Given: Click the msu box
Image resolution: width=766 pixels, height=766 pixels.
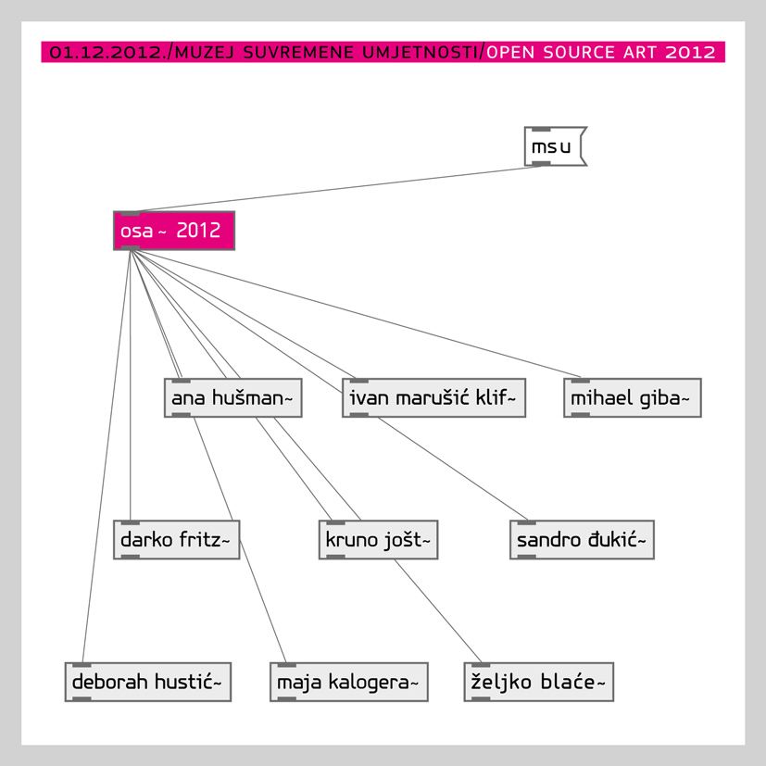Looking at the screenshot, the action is coord(555,146).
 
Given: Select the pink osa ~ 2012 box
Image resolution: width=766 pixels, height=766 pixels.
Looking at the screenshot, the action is coord(174,231).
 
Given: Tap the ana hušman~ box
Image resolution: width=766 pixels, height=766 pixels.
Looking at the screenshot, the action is coord(233,397).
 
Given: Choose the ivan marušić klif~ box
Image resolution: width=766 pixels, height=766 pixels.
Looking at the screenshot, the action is coord(433,397).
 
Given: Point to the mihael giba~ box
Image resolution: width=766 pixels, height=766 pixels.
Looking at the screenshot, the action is coord(633,397).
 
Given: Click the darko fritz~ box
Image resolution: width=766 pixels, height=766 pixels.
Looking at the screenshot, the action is coord(176,540).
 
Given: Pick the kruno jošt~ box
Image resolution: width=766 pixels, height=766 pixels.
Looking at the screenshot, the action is coord(378,540).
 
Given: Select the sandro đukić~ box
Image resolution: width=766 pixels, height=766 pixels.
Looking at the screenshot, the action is coord(582,540).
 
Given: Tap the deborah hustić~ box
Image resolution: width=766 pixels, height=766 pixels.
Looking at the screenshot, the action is coord(148,682).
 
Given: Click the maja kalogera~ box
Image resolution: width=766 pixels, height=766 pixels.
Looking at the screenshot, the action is coord(349,682).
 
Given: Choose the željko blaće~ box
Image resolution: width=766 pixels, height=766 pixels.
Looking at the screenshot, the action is coord(539,682).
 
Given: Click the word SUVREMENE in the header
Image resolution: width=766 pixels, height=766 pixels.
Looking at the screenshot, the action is coord(298,52).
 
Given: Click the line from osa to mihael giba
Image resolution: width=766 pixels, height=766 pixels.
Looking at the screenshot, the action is coord(355,314).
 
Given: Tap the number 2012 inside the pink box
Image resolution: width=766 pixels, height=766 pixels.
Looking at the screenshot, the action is coord(198,230).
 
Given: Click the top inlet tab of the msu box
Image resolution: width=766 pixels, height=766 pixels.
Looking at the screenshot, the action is coord(541,129).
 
